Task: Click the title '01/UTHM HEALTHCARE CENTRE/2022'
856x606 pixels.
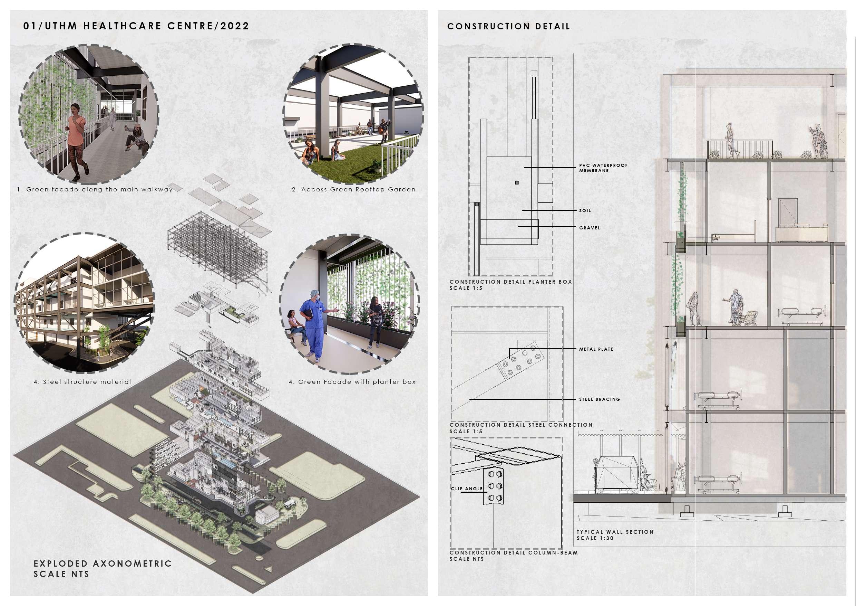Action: click(136, 26)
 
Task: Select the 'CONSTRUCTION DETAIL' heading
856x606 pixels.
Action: click(508, 27)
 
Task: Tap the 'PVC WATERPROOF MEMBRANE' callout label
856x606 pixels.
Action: click(603, 168)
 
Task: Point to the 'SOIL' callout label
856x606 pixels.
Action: click(585, 210)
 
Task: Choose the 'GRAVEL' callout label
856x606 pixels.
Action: click(590, 228)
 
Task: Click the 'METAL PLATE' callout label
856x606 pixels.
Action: click(596, 349)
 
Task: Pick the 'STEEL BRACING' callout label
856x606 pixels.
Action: click(599, 399)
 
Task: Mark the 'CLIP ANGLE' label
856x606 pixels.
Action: click(467, 489)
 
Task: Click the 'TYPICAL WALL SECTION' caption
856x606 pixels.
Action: click(615, 532)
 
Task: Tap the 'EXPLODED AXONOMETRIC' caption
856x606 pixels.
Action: click(103, 564)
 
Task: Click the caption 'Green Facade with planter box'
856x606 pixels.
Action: click(352, 382)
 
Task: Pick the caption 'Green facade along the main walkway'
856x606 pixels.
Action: click(95, 189)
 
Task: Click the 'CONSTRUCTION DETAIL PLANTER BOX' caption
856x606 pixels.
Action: click(510, 282)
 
